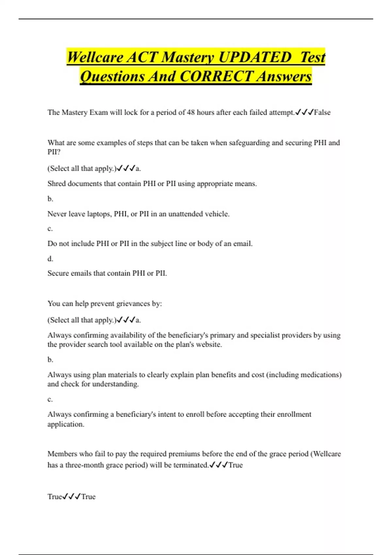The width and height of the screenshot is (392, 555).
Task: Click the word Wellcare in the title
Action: tap(95, 57)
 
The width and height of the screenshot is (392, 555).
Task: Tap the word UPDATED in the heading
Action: tap(254, 57)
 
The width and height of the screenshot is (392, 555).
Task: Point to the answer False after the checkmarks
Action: tap(322, 112)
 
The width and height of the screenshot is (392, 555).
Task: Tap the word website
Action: tap(209, 344)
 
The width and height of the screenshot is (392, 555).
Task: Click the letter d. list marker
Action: tap(50, 259)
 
